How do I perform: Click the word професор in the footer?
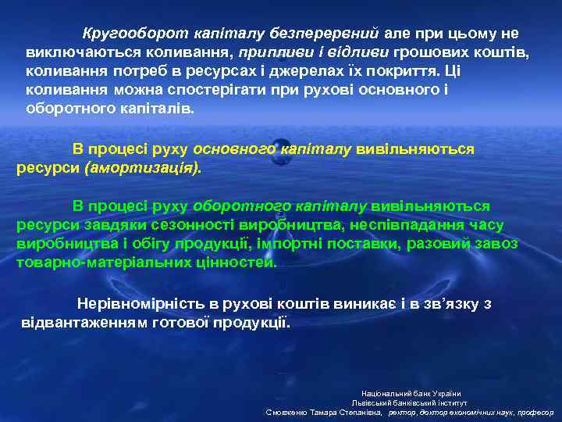click(535, 412)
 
